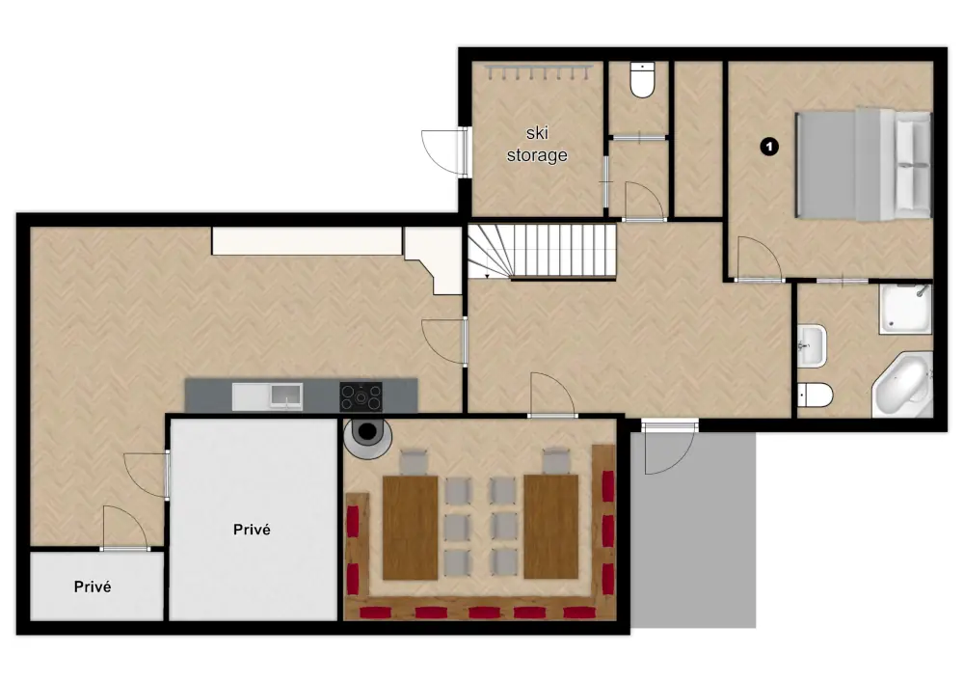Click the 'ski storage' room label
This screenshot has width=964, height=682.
[x=537, y=144]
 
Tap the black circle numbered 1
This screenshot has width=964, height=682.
[x=768, y=147]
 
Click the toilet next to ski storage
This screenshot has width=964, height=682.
[x=641, y=81]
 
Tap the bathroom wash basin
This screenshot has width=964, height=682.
[x=812, y=346]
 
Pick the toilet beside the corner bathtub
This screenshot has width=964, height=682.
[x=815, y=396]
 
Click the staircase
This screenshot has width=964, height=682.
[x=542, y=251]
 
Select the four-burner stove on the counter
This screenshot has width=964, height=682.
[x=361, y=396]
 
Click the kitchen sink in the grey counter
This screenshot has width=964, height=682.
[x=285, y=396]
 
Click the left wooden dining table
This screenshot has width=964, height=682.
[x=410, y=526]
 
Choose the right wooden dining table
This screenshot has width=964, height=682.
[x=550, y=526]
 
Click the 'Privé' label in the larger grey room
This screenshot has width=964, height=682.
[x=253, y=529]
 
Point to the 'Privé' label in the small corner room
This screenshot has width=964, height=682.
[x=93, y=587]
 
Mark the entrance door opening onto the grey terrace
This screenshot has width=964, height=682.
[x=667, y=445]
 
